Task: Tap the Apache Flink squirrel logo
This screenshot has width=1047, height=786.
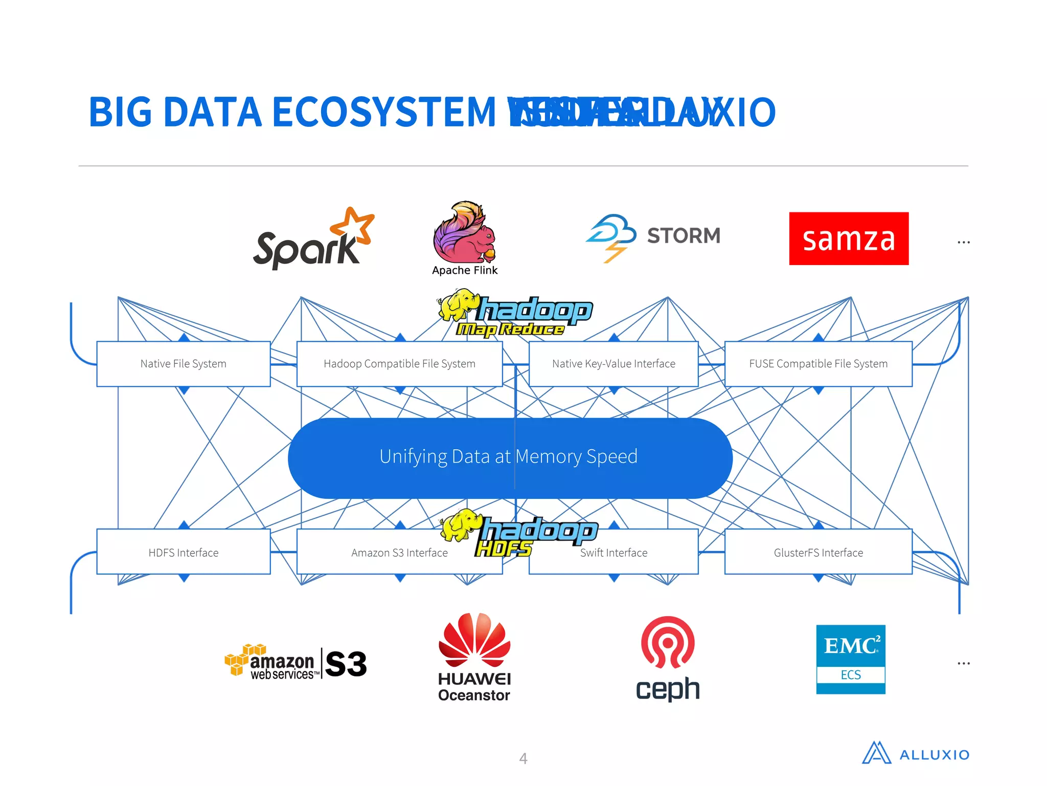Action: (x=464, y=233)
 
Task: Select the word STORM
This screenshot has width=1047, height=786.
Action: (x=684, y=236)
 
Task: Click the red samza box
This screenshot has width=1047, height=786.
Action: (x=849, y=238)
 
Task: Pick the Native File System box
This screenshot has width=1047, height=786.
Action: (x=183, y=364)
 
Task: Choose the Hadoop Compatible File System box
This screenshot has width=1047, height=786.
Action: (x=399, y=364)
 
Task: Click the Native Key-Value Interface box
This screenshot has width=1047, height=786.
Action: (x=613, y=364)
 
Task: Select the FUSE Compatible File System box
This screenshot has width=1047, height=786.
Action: (x=818, y=364)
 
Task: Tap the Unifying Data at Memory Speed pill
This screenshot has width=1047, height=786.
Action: (x=509, y=457)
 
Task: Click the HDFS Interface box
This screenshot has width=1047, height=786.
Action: (x=183, y=553)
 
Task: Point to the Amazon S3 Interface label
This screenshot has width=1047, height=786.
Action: (x=399, y=553)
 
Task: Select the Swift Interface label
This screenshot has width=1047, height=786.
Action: (x=613, y=553)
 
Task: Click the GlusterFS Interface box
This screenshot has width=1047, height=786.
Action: (x=818, y=553)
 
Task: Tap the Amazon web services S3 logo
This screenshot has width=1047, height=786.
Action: (x=295, y=663)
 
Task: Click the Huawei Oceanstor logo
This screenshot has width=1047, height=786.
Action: (x=474, y=658)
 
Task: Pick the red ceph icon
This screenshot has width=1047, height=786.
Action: (x=668, y=643)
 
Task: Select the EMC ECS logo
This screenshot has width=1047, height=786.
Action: (x=851, y=659)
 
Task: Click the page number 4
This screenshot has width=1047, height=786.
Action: (x=523, y=758)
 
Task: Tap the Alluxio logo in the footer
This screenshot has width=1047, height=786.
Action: (x=915, y=753)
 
